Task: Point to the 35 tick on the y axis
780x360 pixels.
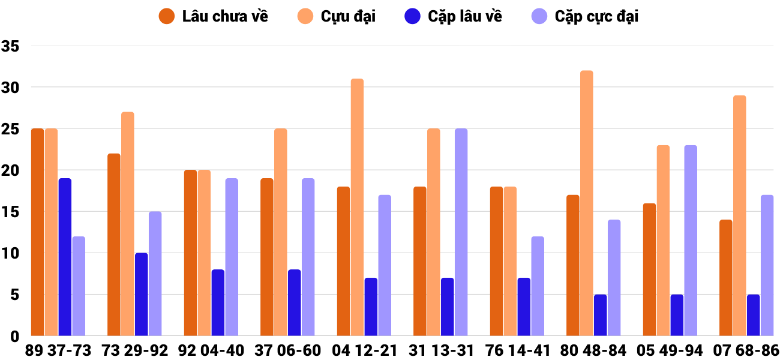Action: click(x=11, y=46)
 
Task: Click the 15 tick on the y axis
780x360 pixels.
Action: click(x=11, y=212)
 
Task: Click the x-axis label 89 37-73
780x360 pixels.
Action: click(x=58, y=350)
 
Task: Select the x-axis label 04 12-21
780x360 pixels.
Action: click(x=364, y=350)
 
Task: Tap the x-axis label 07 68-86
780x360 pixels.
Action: click(x=746, y=350)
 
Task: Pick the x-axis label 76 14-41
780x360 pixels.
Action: click(x=517, y=350)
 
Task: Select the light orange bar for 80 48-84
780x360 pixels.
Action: click(x=586, y=203)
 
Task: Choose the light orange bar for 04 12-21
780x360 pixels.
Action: click(x=357, y=207)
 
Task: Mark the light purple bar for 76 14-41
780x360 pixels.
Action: click(x=538, y=286)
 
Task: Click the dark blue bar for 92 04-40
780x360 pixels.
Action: click(x=218, y=302)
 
